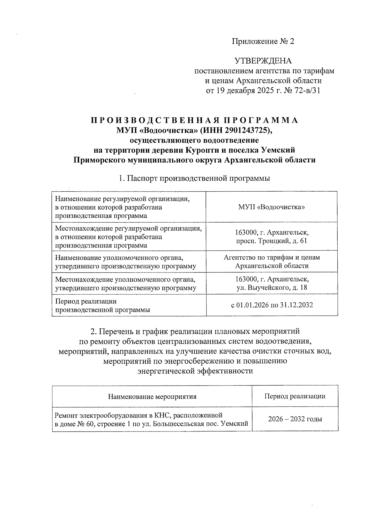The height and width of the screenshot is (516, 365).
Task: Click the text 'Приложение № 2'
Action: click(x=263, y=41)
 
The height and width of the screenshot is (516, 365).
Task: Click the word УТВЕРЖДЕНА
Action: click(x=263, y=61)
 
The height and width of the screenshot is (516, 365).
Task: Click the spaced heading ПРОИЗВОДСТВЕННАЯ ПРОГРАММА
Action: click(x=195, y=120)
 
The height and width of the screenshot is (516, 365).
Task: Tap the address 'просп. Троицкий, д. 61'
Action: click(x=272, y=241)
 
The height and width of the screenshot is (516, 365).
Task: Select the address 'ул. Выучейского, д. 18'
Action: click(x=272, y=287)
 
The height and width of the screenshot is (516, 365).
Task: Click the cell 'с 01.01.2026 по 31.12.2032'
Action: click(x=272, y=305)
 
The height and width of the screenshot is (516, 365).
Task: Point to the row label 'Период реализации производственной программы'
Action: click(x=102, y=306)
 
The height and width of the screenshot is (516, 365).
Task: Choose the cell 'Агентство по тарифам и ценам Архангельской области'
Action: click(x=272, y=261)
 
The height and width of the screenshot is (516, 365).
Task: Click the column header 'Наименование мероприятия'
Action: click(x=152, y=397)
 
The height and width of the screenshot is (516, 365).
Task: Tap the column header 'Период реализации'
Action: click(x=295, y=396)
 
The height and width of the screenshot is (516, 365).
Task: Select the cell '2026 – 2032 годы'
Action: click(x=295, y=419)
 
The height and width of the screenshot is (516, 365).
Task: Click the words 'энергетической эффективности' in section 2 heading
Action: click(x=195, y=371)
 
